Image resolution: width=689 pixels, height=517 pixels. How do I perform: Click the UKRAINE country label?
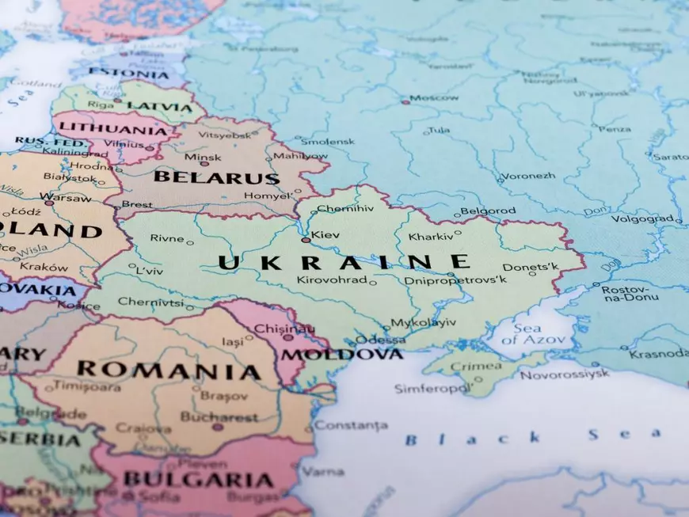point(344,262)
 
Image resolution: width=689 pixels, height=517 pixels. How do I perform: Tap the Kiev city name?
point(325,235)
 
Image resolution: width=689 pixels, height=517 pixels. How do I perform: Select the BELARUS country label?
point(216,177)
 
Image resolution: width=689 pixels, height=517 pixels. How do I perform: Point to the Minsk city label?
point(203,158)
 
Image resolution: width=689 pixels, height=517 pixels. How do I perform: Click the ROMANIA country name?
point(169,371)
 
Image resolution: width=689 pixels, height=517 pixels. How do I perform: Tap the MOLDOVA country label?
point(342,354)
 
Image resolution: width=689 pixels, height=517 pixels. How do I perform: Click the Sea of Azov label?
point(539,334)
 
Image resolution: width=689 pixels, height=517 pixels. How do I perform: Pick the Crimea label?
point(475,366)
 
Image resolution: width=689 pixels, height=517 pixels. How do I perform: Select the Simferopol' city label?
point(432,389)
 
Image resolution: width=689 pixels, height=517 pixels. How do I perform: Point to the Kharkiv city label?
point(431,237)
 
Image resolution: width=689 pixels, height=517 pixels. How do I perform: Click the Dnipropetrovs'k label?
point(455,280)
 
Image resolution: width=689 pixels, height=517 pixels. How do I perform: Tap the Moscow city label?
point(433,97)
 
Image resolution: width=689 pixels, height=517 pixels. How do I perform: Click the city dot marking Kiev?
point(306,239)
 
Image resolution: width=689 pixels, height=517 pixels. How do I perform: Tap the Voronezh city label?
point(529,176)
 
